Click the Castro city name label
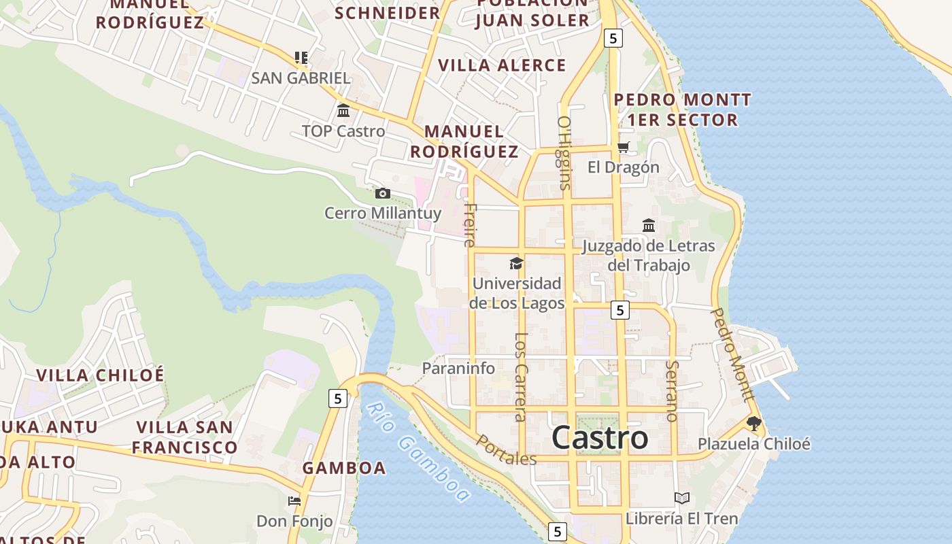click(x=600, y=437)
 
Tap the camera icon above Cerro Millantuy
click(x=383, y=194)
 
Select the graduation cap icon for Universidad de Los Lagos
click(x=517, y=263)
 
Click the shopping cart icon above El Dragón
click(x=624, y=147)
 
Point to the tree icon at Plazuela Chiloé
click(x=753, y=424)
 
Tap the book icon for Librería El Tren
click(x=682, y=498)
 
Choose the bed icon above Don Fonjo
click(x=294, y=501)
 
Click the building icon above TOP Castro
click(x=343, y=111)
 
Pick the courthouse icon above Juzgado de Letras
click(x=649, y=225)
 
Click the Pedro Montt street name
click(x=732, y=354)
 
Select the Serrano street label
click(x=672, y=390)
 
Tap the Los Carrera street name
click(x=521, y=377)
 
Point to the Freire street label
click(x=470, y=224)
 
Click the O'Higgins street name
click(x=564, y=152)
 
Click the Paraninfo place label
click(x=458, y=369)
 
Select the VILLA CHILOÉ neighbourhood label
click(x=100, y=375)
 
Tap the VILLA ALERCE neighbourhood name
click(x=502, y=65)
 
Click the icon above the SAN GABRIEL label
click(x=301, y=58)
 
